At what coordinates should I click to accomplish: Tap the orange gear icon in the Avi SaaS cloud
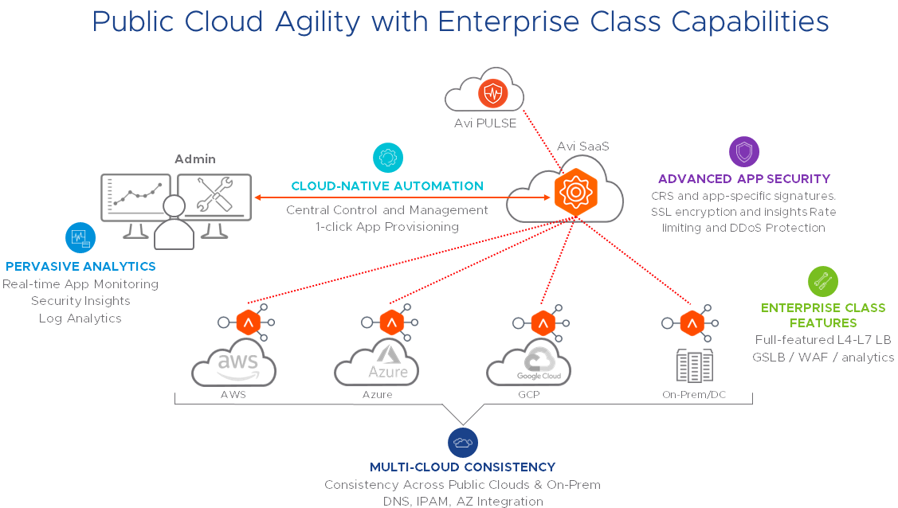pos(574,192)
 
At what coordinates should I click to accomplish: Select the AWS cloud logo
pos(233,365)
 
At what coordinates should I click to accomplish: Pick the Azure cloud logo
pos(376,364)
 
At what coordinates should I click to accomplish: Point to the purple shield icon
pos(744,151)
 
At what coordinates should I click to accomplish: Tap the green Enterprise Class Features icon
pos(823,281)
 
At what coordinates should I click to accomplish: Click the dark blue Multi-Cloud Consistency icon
pos(462,442)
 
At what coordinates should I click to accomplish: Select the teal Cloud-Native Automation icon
pos(388,157)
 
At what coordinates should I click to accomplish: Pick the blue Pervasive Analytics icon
pos(80,237)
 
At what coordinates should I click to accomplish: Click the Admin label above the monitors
pos(195,159)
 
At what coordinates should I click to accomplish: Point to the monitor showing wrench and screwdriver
pos(214,197)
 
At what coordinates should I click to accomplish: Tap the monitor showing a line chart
pos(136,197)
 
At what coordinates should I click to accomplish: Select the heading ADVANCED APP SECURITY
pos(744,179)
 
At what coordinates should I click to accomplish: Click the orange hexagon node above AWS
pos(248,322)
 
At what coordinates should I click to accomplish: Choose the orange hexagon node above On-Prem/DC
pos(692,322)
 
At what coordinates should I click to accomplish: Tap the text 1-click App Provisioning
pos(387,227)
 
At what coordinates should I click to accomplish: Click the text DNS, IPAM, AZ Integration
pos(462,502)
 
